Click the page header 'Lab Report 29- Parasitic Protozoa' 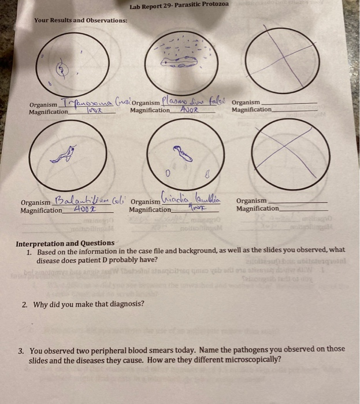pos(179,5)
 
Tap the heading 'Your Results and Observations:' pos(81,20)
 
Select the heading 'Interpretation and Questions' pos(65,243)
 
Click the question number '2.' pos(24,304)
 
